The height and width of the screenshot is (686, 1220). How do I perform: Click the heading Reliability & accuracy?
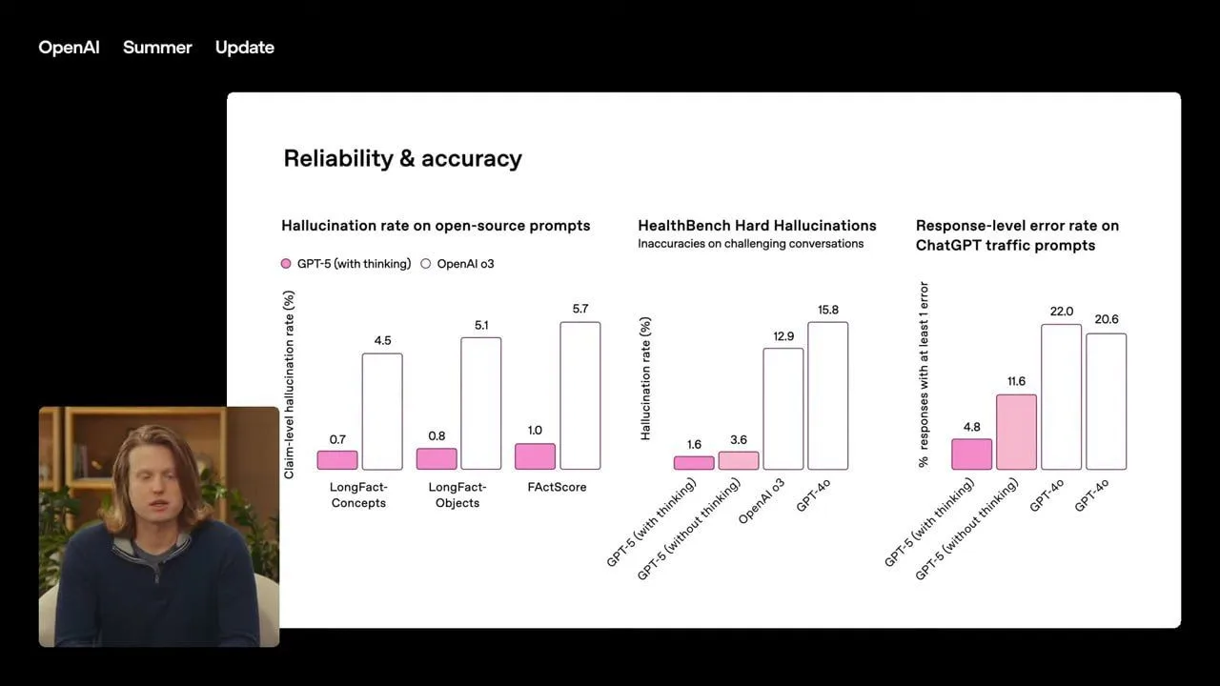tap(402, 158)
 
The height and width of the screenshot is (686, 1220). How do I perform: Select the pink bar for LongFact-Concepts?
tap(337, 460)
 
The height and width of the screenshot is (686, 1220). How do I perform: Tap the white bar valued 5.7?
tap(580, 395)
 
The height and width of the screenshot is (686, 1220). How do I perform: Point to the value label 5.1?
tap(481, 326)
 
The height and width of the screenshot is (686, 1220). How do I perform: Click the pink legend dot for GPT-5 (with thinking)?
tap(286, 264)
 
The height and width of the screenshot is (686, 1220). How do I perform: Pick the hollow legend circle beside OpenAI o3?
tap(426, 264)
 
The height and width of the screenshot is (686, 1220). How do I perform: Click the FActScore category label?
tap(558, 487)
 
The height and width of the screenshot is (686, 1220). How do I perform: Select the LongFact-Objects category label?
tap(457, 494)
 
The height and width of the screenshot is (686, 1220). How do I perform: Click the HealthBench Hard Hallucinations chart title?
tap(757, 226)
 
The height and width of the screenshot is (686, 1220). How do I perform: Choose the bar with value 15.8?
tap(827, 395)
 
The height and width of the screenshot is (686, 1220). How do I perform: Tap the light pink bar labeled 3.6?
tap(739, 460)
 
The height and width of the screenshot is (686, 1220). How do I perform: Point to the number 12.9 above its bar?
tap(783, 336)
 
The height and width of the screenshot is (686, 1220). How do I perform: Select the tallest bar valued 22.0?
tap(1061, 396)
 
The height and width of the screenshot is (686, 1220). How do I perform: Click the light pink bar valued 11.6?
tap(1016, 432)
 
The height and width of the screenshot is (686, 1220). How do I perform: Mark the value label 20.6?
tap(1107, 319)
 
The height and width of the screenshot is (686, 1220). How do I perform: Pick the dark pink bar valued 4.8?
tap(971, 454)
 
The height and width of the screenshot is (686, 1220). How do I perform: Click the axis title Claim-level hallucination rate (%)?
tap(289, 384)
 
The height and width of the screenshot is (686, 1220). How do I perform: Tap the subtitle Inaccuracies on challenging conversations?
tap(750, 244)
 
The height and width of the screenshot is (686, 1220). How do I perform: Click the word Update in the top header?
tap(245, 48)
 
